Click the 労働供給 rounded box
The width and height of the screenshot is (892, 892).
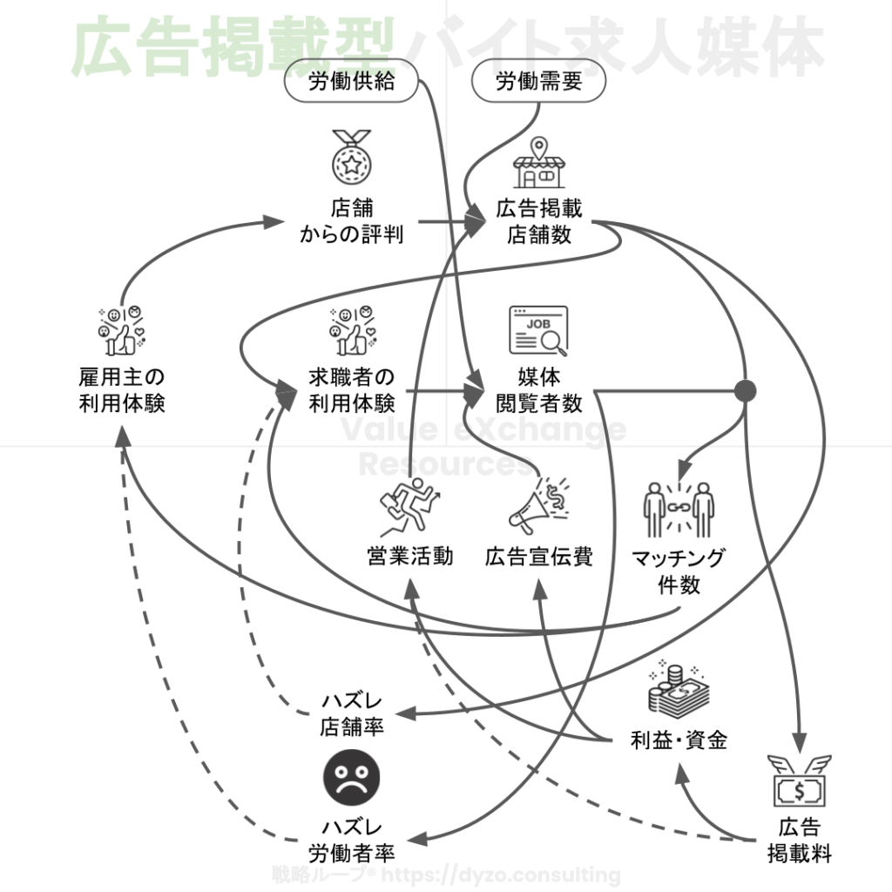tap(351, 81)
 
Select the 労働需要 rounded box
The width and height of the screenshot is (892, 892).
tap(538, 81)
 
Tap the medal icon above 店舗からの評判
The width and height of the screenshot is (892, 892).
tap(352, 157)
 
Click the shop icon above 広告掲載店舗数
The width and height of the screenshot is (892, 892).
tap(538, 163)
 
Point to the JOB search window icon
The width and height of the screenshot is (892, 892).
tap(538, 330)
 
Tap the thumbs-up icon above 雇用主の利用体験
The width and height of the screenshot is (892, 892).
tap(121, 330)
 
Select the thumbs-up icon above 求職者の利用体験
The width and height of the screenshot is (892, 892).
tap(353, 330)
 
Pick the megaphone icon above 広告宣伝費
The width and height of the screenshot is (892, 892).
tap(538, 506)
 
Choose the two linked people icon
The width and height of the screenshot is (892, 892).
tap(679, 510)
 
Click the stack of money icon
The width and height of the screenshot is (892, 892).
tap(678, 690)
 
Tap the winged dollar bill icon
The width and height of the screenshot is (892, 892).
tap(800, 781)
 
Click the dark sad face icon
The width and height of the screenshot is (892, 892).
tap(352, 778)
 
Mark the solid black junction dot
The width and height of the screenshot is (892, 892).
tap(745, 391)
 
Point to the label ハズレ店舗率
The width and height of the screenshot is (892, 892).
tap(352, 714)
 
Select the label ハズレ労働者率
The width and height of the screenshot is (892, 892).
tap(352, 841)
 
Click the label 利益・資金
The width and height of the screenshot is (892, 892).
tap(679, 740)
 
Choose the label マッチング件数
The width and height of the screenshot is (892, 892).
tap(679, 571)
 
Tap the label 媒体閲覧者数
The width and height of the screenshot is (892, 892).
tap(538, 390)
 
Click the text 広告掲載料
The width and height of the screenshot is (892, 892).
tap(800, 841)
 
